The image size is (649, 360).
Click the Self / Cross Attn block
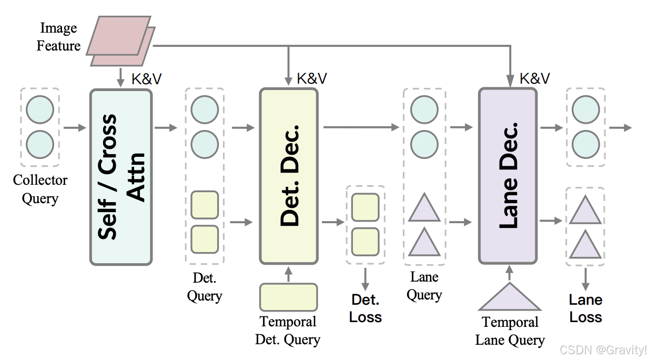[x=121, y=177]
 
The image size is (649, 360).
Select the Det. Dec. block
[x=289, y=176]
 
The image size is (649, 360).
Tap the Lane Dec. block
[x=508, y=176]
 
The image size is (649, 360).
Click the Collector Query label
[x=40, y=189]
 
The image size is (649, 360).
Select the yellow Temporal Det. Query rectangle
[x=288, y=297]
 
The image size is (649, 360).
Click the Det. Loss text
[x=365, y=308]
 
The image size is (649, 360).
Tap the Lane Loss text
[x=585, y=308]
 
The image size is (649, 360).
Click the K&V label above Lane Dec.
[x=535, y=78]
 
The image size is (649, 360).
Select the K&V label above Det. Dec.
[x=312, y=78]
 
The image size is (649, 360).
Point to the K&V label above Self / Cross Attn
[x=146, y=78]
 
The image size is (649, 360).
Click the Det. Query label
[x=205, y=287]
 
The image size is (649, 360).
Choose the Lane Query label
[x=424, y=286]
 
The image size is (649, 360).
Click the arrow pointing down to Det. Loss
[x=365, y=277]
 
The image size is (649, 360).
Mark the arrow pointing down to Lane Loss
[x=585, y=278]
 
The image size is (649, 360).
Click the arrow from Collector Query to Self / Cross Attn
[x=74, y=127]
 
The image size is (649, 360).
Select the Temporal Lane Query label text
[x=510, y=331]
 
